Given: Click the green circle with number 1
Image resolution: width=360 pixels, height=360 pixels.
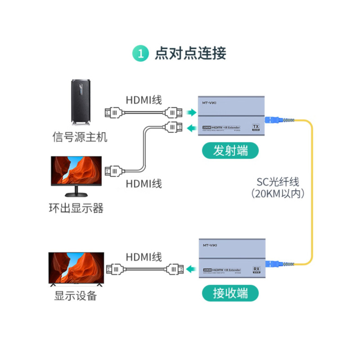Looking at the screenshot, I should tap(140, 54).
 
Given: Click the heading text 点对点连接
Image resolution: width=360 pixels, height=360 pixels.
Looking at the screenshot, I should tap(190, 54).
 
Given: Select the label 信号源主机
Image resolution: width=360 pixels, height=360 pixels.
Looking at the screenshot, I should tap(80, 137).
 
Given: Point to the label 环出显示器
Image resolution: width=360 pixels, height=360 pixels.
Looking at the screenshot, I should tap(76, 208).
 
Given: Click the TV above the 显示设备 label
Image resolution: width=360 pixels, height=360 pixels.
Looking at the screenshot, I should tap(76, 270).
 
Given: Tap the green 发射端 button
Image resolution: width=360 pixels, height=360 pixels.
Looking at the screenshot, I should tap(230, 151).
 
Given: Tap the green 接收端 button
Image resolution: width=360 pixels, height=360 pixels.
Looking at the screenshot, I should tap(230, 294).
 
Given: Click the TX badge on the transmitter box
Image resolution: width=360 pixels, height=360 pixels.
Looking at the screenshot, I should tap(256, 127).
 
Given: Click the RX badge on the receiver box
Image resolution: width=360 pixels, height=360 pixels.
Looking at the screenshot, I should tap(256, 270).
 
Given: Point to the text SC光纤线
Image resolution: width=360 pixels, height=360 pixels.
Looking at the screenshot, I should tap(278, 182).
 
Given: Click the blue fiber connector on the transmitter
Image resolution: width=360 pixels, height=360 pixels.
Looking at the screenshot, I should tap(273, 120).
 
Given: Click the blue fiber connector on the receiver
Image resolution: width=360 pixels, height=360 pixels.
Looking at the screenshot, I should tap(273, 263).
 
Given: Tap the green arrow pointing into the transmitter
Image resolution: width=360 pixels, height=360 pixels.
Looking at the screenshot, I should tap(192, 112).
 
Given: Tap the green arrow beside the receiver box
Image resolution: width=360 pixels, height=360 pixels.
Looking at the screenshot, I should tap(192, 270).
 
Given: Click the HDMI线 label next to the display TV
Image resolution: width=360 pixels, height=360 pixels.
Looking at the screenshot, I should tap(144, 257).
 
